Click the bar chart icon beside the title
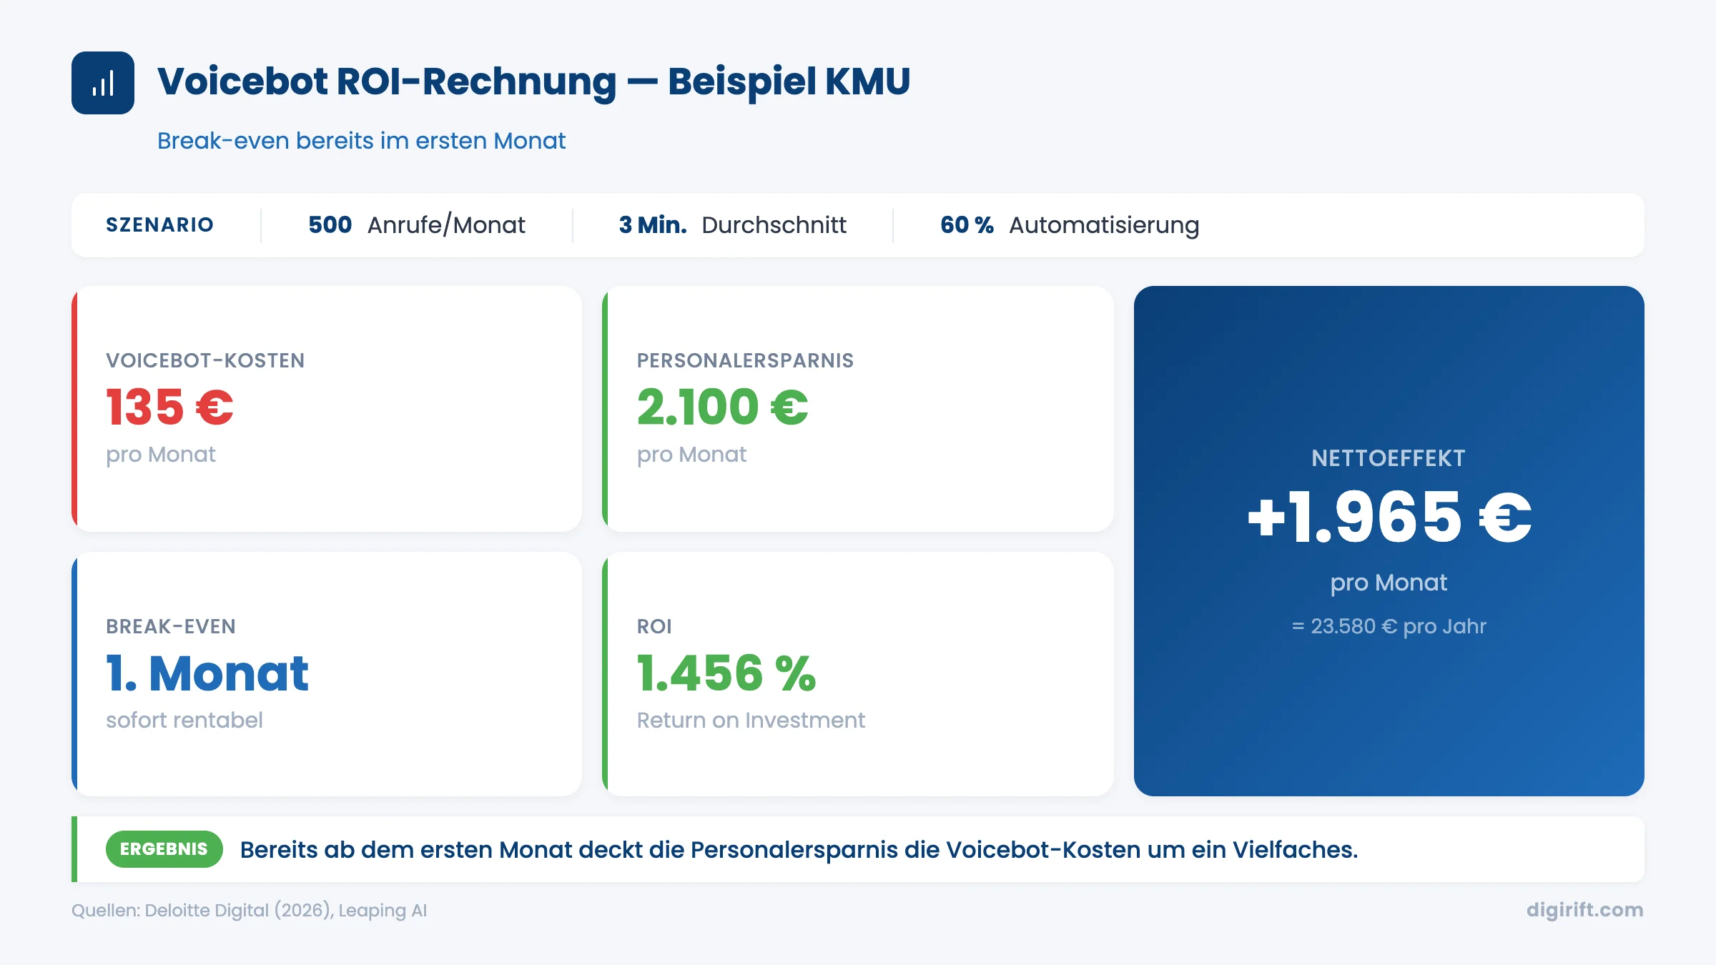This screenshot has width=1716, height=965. (x=103, y=83)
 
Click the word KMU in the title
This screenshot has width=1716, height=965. (x=867, y=81)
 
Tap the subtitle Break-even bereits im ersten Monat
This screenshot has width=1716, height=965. (x=361, y=141)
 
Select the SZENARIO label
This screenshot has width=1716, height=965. (x=159, y=225)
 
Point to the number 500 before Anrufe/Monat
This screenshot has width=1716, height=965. (x=330, y=225)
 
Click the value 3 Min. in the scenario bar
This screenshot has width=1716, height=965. (x=652, y=225)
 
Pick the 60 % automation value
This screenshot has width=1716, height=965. (x=967, y=225)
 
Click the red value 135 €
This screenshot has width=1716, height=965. (x=169, y=407)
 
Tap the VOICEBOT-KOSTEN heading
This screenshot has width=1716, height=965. (x=205, y=360)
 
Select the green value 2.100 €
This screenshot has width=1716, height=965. (x=722, y=407)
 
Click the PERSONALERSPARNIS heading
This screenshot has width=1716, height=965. (x=745, y=360)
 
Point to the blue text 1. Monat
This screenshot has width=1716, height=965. (x=207, y=673)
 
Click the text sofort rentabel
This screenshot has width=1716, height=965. (x=184, y=720)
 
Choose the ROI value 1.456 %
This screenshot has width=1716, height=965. (x=726, y=673)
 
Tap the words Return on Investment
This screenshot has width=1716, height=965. (x=751, y=720)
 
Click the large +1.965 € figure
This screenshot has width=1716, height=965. (x=1389, y=518)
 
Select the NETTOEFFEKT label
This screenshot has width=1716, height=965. (x=1389, y=458)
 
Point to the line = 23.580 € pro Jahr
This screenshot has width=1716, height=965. (x=1389, y=626)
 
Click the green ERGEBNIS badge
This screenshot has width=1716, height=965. (x=164, y=849)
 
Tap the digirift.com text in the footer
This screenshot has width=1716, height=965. (x=1584, y=909)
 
